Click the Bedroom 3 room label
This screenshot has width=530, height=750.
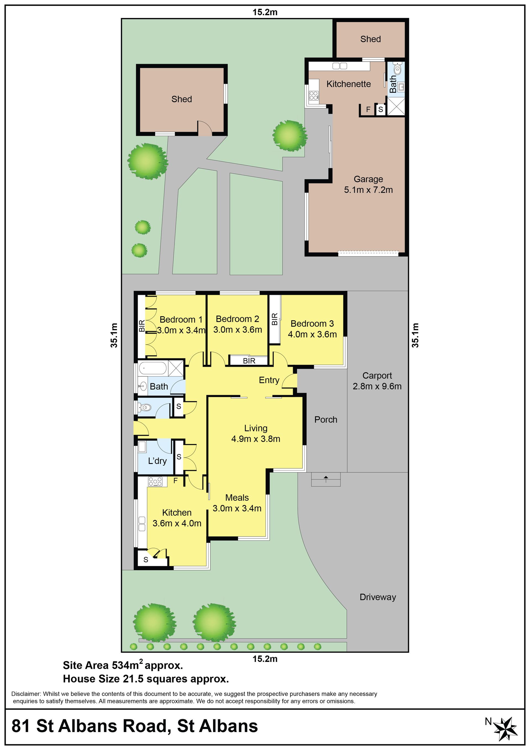pos(312,323)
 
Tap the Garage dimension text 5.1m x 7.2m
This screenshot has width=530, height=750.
pos(368,190)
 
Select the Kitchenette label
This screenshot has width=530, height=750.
pos(348,84)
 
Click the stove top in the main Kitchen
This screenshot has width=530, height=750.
pos(155,482)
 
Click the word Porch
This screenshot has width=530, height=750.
pos(325,419)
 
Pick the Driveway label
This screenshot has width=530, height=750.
pos(378,597)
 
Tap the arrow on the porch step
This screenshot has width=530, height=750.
pos(325,480)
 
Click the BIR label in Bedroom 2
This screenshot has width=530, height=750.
pos(249,361)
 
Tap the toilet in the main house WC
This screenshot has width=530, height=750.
pos(145,407)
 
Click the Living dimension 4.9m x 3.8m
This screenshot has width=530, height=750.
pos(256,439)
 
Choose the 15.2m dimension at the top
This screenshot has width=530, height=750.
pos(265,12)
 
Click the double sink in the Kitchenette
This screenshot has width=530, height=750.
pos(340,66)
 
